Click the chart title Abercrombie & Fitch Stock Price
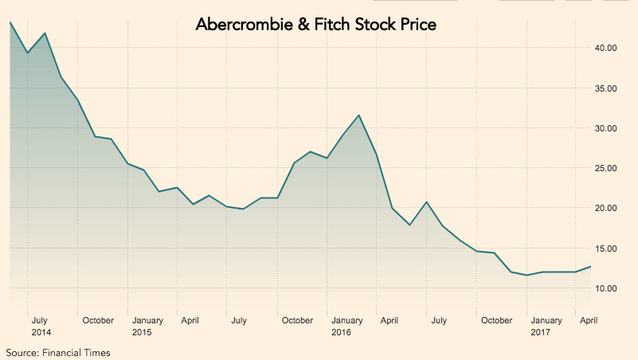click(x=316, y=25)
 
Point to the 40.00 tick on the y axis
click(x=605, y=48)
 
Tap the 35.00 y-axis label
click(x=605, y=88)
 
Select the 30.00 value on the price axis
click(x=605, y=128)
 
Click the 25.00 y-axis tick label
click(x=605, y=168)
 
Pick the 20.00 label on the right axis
click(x=605, y=208)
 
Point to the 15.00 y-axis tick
click(x=605, y=248)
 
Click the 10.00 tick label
click(x=605, y=288)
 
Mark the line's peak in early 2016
click(x=359, y=115)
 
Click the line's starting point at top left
click(x=10, y=22)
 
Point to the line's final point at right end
click(x=590, y=266)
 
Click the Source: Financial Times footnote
click(x=58, y=352)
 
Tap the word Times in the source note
click(x=97, y=352)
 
